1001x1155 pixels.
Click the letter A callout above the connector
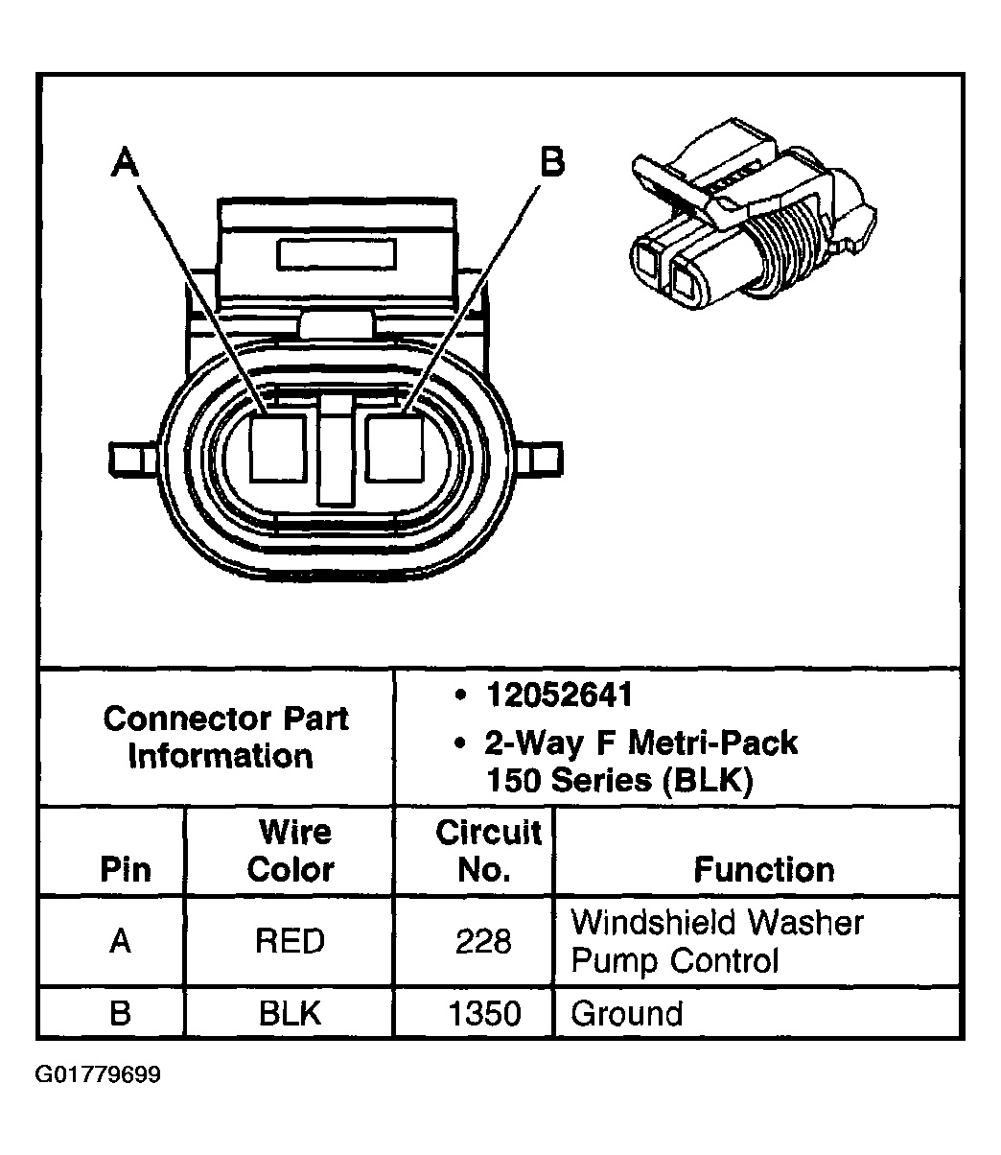pos(124,162)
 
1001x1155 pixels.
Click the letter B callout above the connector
pos(551,162)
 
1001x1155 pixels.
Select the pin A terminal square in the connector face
pos(278,447)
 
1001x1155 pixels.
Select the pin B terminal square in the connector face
pos(394,447)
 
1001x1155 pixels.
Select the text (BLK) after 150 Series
pos(708,779)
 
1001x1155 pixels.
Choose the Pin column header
pos(126,869)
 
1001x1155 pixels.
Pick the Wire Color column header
pos(291,850)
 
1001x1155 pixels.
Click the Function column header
pos(763,869)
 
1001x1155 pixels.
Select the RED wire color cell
pos(290,941)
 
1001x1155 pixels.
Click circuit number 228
pos(483,941)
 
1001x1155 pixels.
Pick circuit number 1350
pos(485,1013)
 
